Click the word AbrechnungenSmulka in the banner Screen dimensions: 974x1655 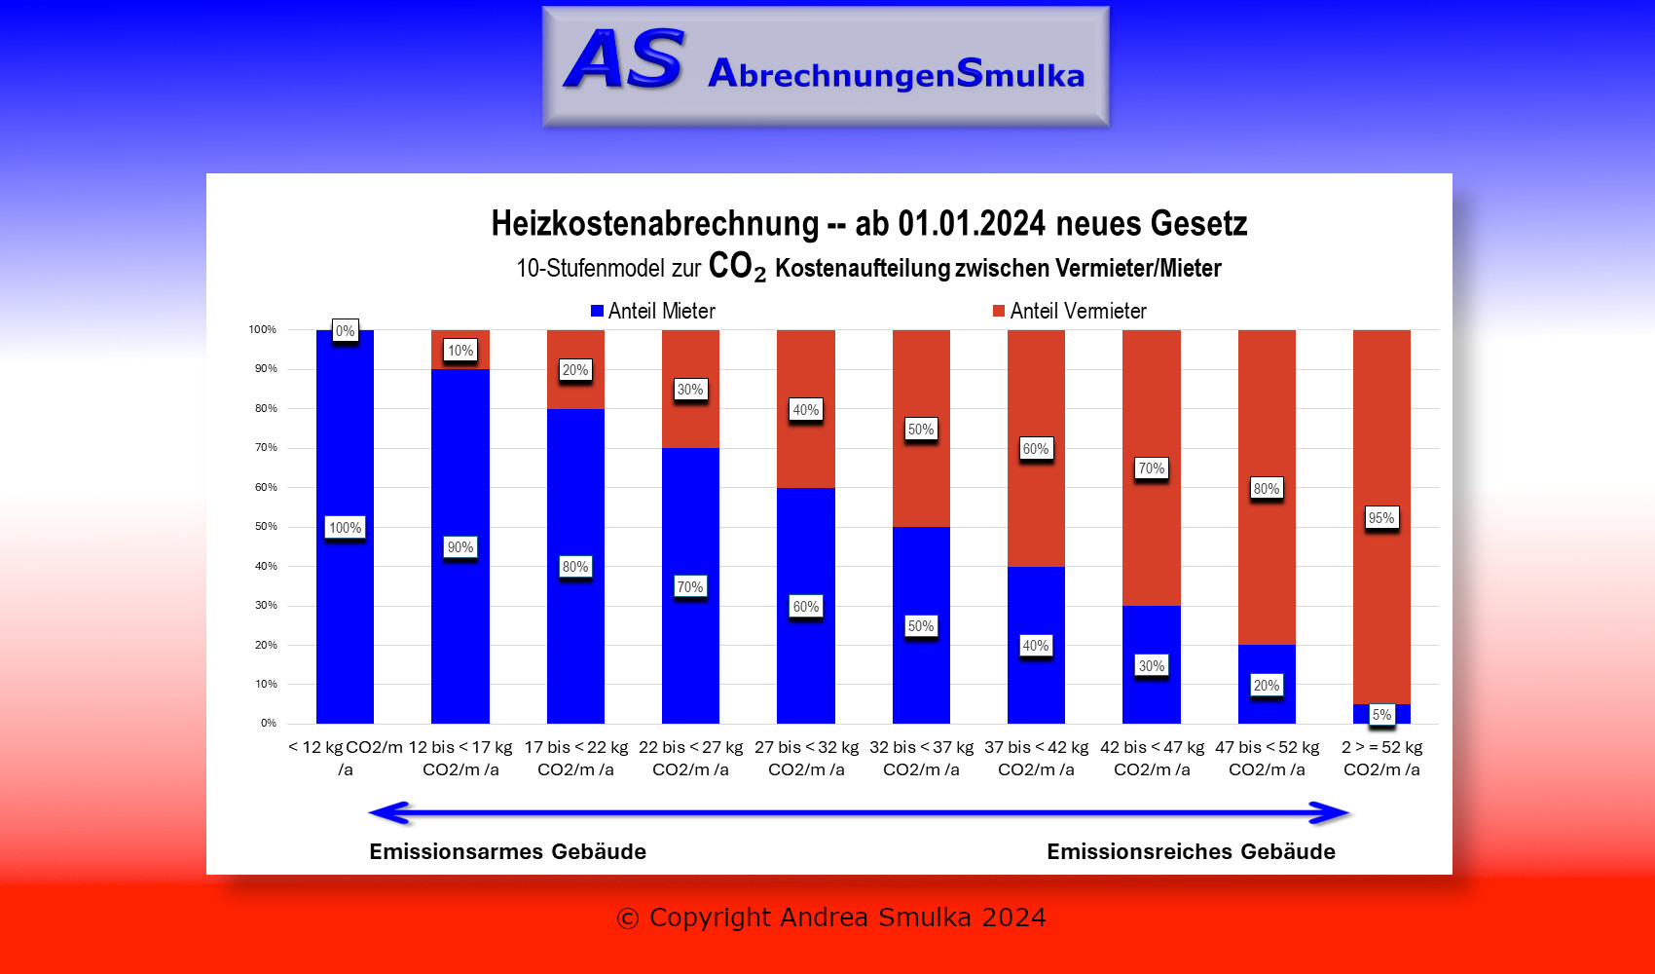[896, 74]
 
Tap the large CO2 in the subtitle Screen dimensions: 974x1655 [736, 266]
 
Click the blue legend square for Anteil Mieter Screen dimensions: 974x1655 [597, 311]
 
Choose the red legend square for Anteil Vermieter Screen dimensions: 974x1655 [998, 311]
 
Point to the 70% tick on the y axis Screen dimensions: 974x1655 [266, 448]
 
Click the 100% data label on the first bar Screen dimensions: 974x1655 [345, 528]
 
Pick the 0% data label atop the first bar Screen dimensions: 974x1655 [345, 331]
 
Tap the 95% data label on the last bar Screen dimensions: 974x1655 [1381, 518]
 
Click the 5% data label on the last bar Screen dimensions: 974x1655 [1381, 715]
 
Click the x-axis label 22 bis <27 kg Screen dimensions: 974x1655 [690, 758]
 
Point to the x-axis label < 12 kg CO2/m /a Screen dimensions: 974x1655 [345, 758]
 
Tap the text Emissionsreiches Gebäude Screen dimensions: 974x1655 [1191, 852]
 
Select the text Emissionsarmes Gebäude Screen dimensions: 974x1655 [507, 852]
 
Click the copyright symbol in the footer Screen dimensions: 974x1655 [628, 918]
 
